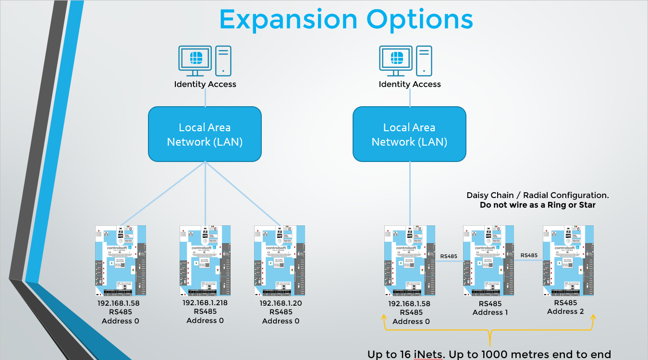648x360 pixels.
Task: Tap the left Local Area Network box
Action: (205, 135)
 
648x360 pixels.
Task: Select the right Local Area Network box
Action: (409, 135)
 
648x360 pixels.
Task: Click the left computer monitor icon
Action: (195, 61)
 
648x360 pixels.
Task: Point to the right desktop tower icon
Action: (424, 61)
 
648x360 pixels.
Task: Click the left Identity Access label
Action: (205, 84)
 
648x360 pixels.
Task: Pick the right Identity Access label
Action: (410, 84)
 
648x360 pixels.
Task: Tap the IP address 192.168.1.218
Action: (205, 303)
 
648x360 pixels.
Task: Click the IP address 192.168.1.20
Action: (281, 303)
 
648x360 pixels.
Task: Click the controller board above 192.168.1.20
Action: (280, 260)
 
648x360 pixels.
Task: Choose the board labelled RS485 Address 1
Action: (488, 260)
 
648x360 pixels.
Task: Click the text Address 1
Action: (490, 312)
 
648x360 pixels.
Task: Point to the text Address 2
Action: (565, 311)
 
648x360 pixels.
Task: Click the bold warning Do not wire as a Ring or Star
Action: (538, 205)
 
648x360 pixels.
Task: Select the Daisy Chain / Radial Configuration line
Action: (538, 195)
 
